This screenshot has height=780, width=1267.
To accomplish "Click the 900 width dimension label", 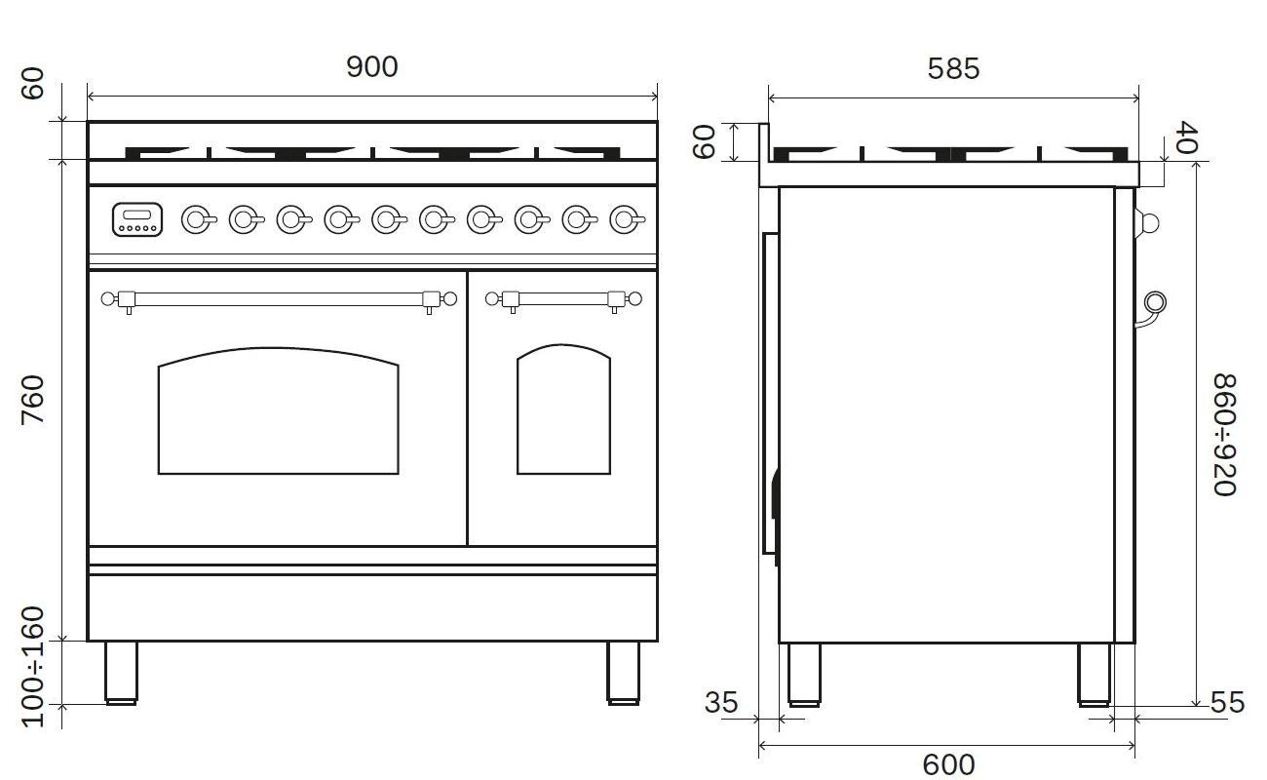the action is pyautogui.click(x=372, y=67).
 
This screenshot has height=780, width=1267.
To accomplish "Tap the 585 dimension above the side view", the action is pyautogui.click(x=953, y=69).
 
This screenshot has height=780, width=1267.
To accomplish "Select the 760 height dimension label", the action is pyautogui.click(x=33, y=399).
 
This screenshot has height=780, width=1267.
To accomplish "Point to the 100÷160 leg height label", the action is pyautogui.click(x=33, y=666).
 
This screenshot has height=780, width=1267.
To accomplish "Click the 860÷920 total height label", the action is pyautogui.click(x=1224, y=435).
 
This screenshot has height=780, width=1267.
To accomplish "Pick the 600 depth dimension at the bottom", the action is pyautogui.click(x=948, y=764).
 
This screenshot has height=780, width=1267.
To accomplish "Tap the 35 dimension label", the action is pyautogui.click(x=721, y=702).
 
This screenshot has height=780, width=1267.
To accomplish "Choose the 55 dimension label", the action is pyautogui.click(x=1227, y=702).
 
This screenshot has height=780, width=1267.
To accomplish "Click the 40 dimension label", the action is pyautogui.click(x=1185, y=136).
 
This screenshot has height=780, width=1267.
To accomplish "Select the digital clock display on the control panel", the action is pyautogui.click(x=137, y=219).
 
